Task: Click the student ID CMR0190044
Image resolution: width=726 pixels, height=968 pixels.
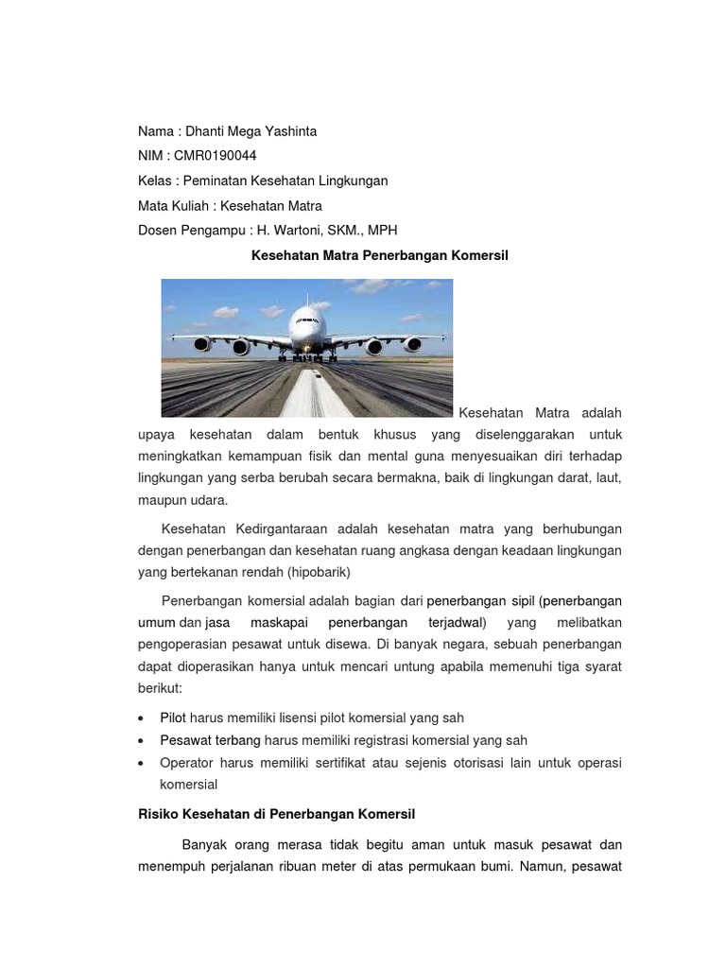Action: [216, 156]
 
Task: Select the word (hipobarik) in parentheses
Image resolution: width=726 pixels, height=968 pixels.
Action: [318, 573]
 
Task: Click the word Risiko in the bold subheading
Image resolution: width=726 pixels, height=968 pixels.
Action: [158, 814]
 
